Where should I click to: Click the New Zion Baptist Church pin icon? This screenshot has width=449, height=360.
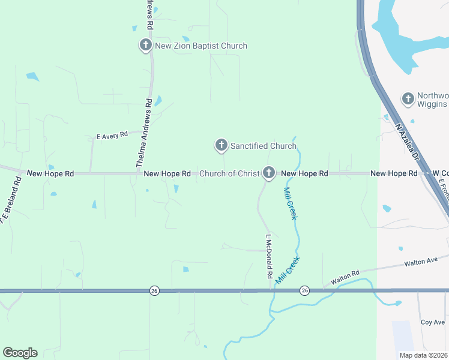click(x=145, y=45)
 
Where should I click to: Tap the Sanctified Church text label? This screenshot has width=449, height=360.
click(x=264, y=146)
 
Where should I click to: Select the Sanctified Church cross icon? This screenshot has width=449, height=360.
click(x=221, y=145)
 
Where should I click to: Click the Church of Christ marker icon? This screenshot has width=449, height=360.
click(x=269, y=173)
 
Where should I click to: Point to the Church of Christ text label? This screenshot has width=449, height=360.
click(x=229, y=173)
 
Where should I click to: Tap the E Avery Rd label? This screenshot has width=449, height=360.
click(x=112, y=136)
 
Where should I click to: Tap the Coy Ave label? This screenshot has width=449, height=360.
click(x=432, y=322)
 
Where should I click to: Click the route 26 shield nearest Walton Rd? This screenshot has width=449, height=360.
click(x=304, y=291)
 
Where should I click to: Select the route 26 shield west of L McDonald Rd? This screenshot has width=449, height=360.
click(x=155, y=291)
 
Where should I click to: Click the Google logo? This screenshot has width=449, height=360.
click(x=20, y=353)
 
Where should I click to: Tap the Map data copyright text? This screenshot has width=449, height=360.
click(x=424, y=355)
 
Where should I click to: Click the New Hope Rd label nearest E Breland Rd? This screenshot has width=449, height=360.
click(x=51, y=173)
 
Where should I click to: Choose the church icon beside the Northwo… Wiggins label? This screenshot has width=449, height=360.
click(x=408, y=98)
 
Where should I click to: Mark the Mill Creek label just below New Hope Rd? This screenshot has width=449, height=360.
click(x=289, y=203)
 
